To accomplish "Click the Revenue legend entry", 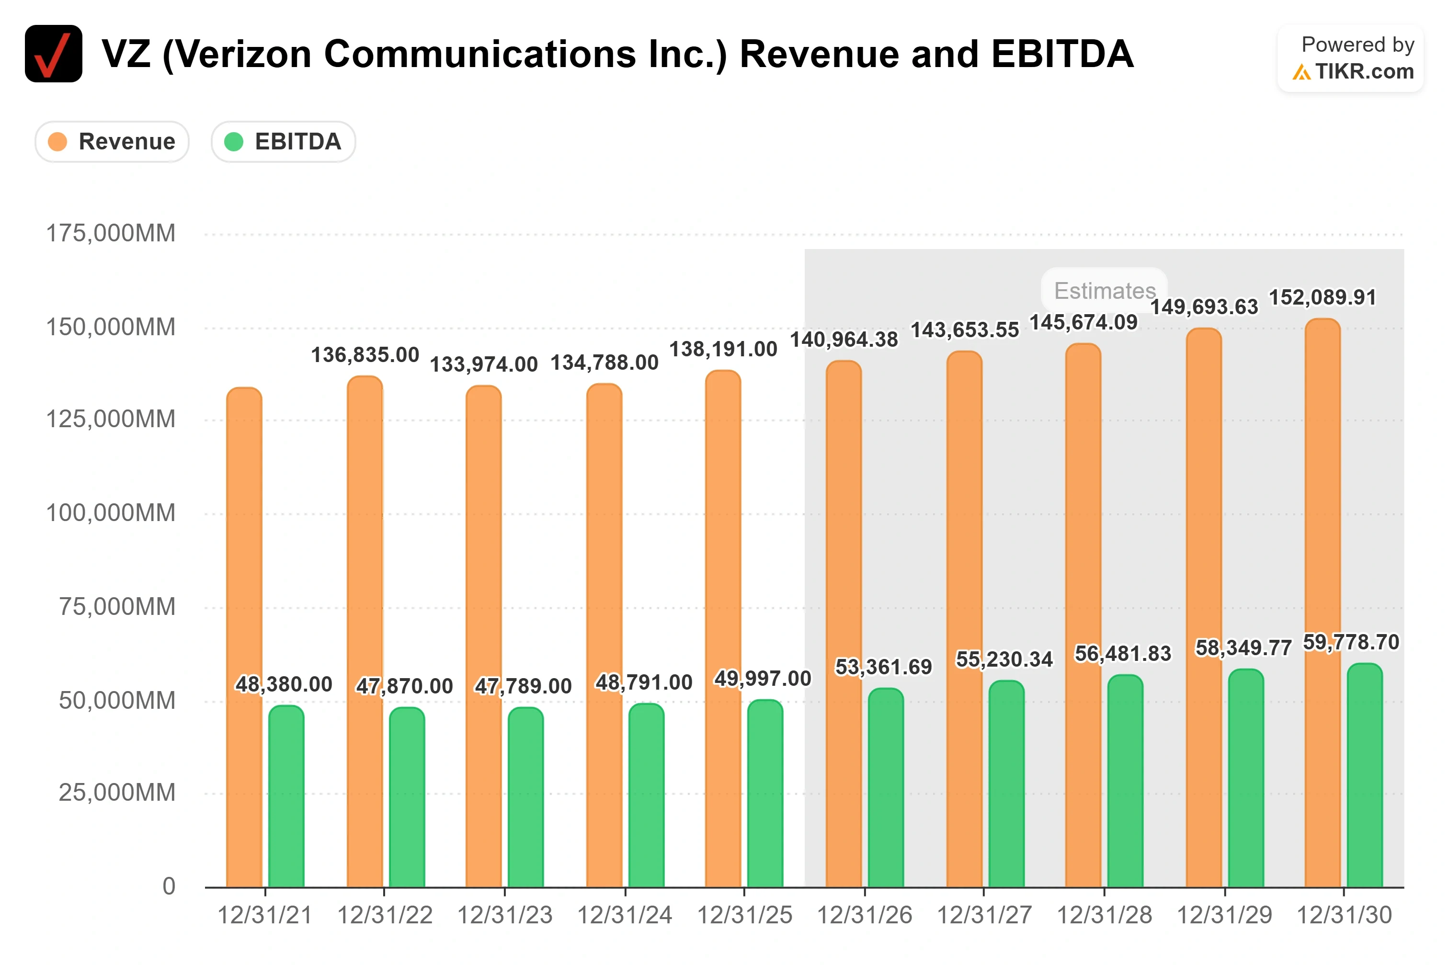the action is point(112,142).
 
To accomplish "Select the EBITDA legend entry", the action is point(283,142).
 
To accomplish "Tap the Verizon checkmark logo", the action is point(54,54).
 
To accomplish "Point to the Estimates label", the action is point(1105,291).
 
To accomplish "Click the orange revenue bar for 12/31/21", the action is point(244,637).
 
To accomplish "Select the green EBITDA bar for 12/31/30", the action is point(1365,775).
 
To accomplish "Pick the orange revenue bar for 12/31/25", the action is point(723,628).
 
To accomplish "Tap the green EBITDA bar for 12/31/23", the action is point(525,797).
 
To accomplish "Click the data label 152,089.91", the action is point(1323,297).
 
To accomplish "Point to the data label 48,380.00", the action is point(284,684).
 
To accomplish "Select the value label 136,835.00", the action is point(365,354).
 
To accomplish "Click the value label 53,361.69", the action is point(884,667).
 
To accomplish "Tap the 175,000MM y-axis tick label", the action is point(111,233).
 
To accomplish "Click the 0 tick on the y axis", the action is point(169,886).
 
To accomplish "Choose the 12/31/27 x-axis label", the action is point(984,915).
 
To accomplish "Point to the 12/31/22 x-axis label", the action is point(385,915).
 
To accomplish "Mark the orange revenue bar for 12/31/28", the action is point(1083,615).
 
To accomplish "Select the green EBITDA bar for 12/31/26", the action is point(886,788).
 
